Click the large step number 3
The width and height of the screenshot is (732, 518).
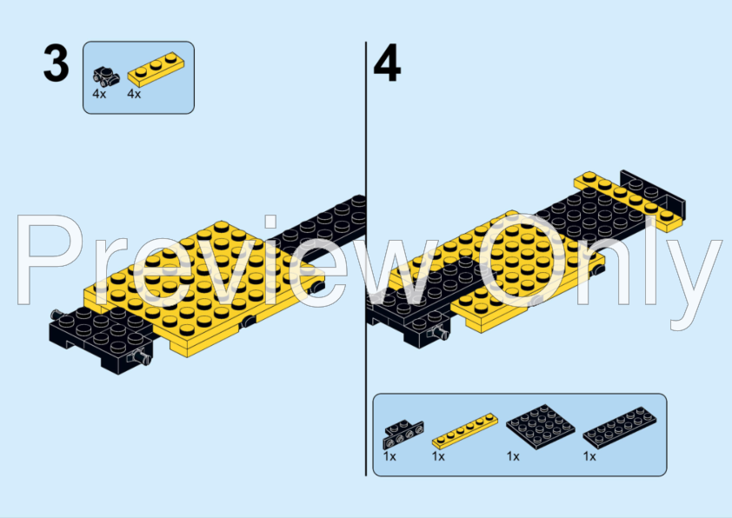point(56,64)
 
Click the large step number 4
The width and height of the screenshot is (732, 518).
point(387,66)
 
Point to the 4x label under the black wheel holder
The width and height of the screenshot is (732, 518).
point(99,94)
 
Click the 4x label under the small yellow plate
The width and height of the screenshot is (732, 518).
point(134,94)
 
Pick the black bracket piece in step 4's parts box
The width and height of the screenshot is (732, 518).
point(403,430)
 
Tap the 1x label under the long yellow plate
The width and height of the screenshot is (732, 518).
point(438,455)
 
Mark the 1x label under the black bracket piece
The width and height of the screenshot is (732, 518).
point(389,455)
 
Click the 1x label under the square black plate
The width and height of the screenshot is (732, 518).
point(513,455)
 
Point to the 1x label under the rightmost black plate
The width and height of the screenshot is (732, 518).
point(589,455)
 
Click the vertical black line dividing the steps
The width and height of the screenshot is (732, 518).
point(366,261)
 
